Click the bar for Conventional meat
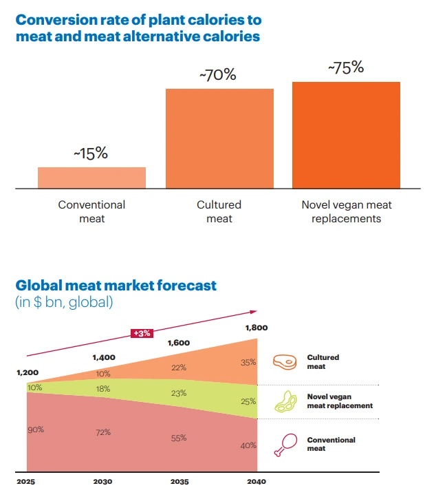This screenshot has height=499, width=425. (x=91, y=178)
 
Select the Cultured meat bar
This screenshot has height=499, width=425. (x=219, y=138)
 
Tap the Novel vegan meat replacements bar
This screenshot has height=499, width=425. (x=346, y=134)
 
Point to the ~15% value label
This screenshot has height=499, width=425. (x=91, y=153)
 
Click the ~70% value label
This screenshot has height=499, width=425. (x=218, y=75)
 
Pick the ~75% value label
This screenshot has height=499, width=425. (x=346, y=68)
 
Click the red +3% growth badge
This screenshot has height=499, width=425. (x=141, y=334)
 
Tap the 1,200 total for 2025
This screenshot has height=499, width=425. (x=28, y=372)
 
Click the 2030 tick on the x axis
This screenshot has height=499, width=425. (x=103, y=480)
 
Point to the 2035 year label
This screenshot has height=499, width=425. (x=179, y=480)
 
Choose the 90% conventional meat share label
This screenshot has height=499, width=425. (x=36, y=429)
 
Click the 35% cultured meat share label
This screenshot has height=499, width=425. (x=248, y=362)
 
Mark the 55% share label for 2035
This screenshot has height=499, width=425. (x=179, y=438)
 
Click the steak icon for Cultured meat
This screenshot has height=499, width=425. (x=284, y=361)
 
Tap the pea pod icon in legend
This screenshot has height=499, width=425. (x=285, y=401)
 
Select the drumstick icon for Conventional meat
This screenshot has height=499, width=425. (x=283, y=443)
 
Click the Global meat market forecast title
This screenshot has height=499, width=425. (x=116, y=285)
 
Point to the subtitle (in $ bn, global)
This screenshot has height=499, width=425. (x=64, y=301)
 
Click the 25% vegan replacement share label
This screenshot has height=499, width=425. (x=248, y=401)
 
